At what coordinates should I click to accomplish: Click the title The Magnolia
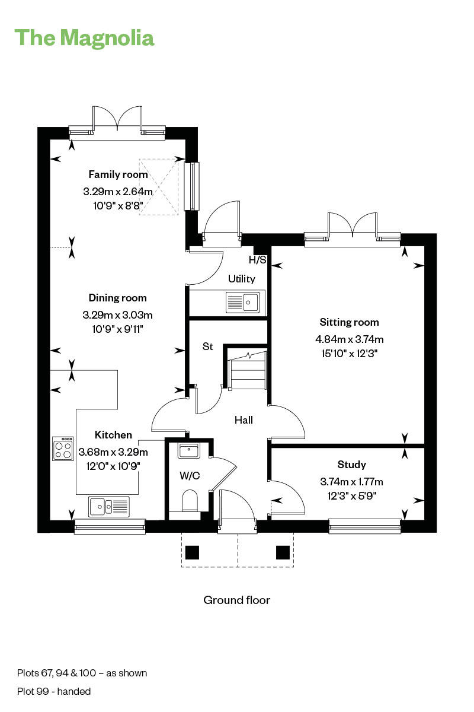click(84, 37)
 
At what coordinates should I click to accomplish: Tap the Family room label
click(118, 174)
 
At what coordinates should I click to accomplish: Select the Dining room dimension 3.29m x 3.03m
click(117, 314)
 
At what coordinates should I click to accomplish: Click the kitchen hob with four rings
click(63, 449)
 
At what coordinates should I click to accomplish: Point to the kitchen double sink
click(109, 506)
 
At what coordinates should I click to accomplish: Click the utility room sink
click(242, 302)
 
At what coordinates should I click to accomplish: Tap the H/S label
click(257, 260)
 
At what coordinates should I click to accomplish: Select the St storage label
click(207, 347)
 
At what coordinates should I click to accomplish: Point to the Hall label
click(244, 420)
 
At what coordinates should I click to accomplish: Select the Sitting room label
click(349, 322)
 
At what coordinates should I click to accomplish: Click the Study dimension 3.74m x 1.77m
click(351, 481)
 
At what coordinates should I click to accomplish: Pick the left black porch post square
click(191, 552)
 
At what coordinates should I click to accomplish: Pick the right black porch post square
click(282, 552)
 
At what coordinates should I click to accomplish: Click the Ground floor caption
click(237, 600)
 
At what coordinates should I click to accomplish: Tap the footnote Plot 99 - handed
click(54, 691)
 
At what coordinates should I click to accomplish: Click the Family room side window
click(191, 185)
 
